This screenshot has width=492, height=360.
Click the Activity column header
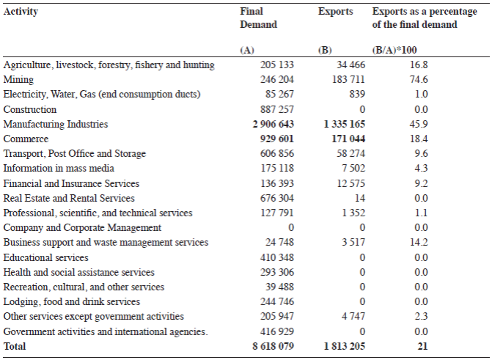tap(21, 12)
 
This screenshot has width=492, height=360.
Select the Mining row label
tap(18, 80)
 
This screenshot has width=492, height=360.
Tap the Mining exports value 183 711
tap(345, 80)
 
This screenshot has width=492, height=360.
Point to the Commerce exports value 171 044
tap(345, 139)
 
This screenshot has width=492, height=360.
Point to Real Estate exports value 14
tap(359, 198)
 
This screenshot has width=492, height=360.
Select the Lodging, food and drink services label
tap(70, 301)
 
